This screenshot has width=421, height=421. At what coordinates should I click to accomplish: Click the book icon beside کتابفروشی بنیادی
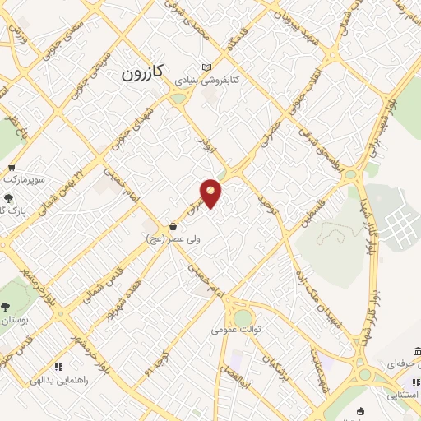(x=206, y=67)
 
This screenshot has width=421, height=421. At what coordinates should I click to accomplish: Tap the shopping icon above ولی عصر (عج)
(x=173, y=226)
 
